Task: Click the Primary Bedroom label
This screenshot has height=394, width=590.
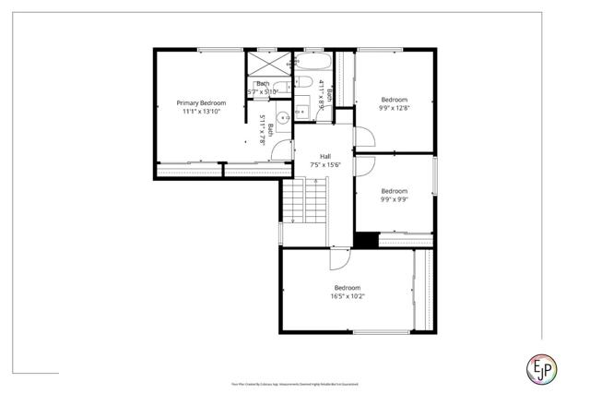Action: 201,102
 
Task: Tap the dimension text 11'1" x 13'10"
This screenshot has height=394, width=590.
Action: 201,111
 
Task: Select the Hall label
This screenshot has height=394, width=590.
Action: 324,157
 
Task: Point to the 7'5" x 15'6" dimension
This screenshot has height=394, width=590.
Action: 324,165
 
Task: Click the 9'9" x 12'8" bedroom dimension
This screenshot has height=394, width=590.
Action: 394,108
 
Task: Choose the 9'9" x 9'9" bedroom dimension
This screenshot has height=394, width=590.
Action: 394,199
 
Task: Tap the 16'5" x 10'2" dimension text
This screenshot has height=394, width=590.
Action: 347,296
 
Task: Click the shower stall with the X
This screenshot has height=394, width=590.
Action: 268,65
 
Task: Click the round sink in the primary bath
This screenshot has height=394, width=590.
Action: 285,118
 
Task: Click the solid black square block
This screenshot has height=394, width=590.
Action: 367,239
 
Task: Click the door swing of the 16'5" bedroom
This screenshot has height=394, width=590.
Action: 339,257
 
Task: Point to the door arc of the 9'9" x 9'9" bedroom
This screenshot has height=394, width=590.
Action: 363,166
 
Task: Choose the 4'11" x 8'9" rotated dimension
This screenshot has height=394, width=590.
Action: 321,95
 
